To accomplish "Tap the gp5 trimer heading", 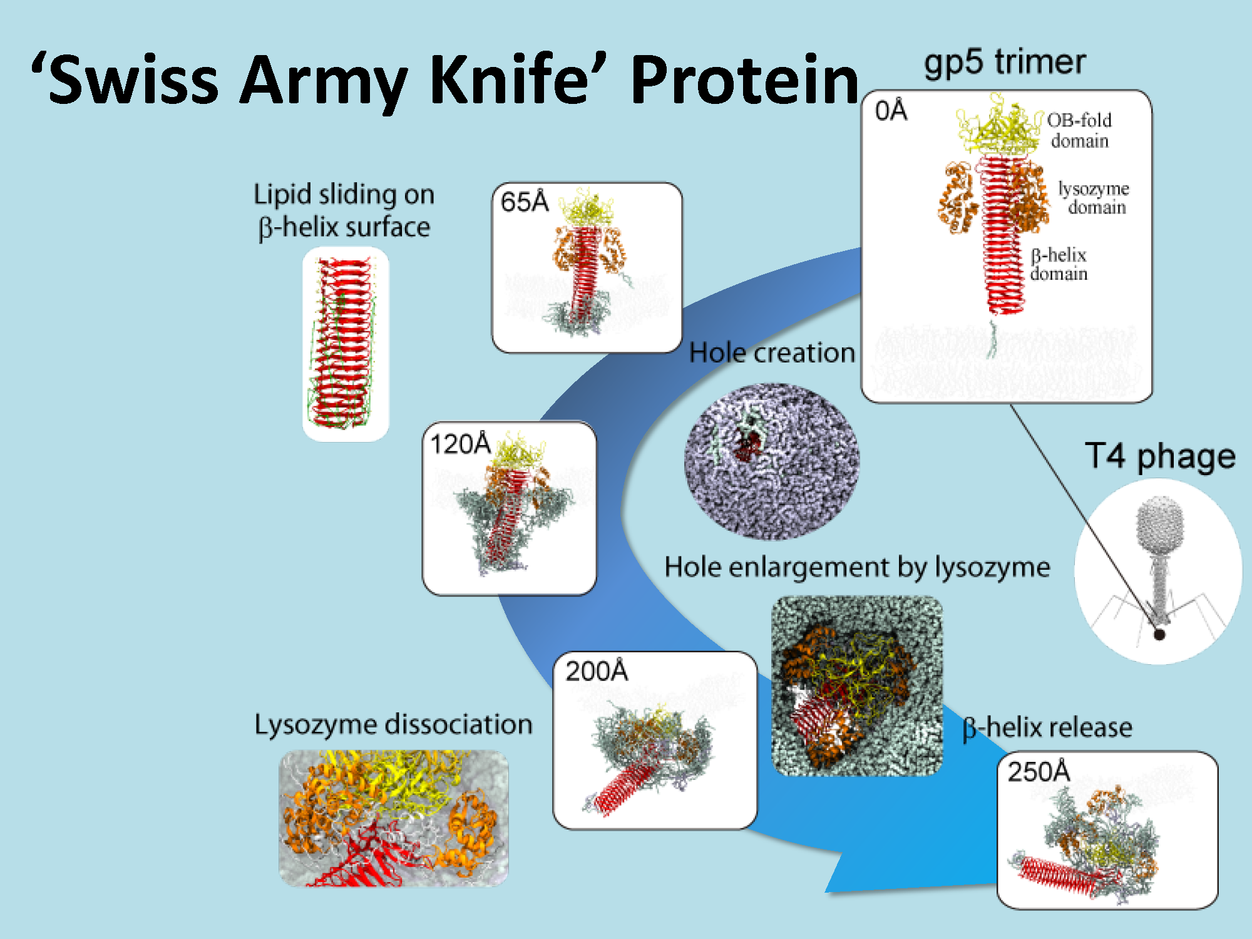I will (x=1005, y=63).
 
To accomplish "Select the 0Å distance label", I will (x=891, y=111).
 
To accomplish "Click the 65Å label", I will (x=525, y=202).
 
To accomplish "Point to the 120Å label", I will (x=460, y=444).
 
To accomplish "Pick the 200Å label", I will (x=596, y=671).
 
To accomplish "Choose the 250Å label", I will (x=1039, y=771).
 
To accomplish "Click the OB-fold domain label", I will (x=1079, y=130).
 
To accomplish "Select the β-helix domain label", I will (x=1059, y=264).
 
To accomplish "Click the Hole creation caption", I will (x=772, y=353).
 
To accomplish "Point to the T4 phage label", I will (x=1160, y=456).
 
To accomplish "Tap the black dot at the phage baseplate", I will (x=1159, y=634).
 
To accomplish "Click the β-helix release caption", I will (x=1047, y=727).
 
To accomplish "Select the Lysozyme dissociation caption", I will (x=393, y=724).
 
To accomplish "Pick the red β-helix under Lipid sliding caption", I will (x=343, y=344).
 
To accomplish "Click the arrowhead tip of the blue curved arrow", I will (x=828, y=890).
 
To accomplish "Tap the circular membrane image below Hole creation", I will (x=771, y=461).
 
